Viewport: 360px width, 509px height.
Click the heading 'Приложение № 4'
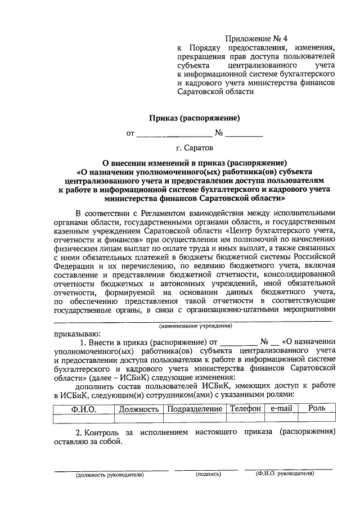pyautogui.click(x=256, y=38)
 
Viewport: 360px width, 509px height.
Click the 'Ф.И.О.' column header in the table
pyautogui.click(x=84, y=408)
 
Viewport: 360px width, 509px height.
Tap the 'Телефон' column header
pyautogui.click(x=245, y=408)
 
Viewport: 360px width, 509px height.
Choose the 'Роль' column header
pyautogui.click(x=317, y=408)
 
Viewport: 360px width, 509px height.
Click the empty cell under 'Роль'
pyautogui.click(x=317, y=417)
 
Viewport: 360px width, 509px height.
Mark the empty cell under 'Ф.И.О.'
pyautogui.click(x=84, y=417)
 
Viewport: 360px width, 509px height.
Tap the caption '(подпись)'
pyautogui.click(x=208, y=474)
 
